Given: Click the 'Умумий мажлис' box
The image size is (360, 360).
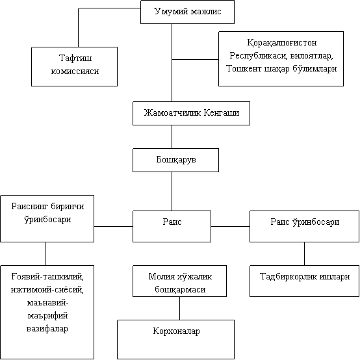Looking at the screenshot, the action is point(187,12).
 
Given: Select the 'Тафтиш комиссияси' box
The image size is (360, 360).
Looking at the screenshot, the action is point(74,66).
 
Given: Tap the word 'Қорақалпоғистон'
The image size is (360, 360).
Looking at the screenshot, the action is point(282,43).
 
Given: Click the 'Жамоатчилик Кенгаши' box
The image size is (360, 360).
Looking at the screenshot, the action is point(191,114).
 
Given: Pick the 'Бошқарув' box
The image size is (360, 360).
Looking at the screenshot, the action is point(175,160).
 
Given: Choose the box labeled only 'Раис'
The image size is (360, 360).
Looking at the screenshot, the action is point(172,226).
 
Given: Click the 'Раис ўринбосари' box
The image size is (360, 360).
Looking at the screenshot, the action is point(304,226).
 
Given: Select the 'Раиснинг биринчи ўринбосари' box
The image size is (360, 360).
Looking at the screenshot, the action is point(47,218).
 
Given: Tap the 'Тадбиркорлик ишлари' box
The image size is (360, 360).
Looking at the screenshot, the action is point(304,281).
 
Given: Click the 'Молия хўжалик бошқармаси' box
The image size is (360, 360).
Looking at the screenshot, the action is point(179,281).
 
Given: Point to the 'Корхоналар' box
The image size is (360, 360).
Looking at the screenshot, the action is point(175,339).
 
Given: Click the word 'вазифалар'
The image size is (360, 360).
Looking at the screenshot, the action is point(47,329).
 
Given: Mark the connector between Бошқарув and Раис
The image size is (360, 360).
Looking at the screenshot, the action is point(172,191).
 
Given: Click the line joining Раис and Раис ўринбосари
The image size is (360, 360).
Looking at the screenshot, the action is point(230,226).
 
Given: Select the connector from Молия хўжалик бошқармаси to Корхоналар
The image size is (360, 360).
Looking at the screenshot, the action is point(179,308).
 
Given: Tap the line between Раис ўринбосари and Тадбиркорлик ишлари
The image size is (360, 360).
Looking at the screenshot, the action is point(304,253).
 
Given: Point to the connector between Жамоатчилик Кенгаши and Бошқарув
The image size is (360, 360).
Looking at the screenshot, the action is point(172,137).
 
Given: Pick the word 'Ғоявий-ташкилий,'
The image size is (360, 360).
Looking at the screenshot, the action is point(47,276).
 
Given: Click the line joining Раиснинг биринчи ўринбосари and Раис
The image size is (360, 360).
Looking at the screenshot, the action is point(114,226).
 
